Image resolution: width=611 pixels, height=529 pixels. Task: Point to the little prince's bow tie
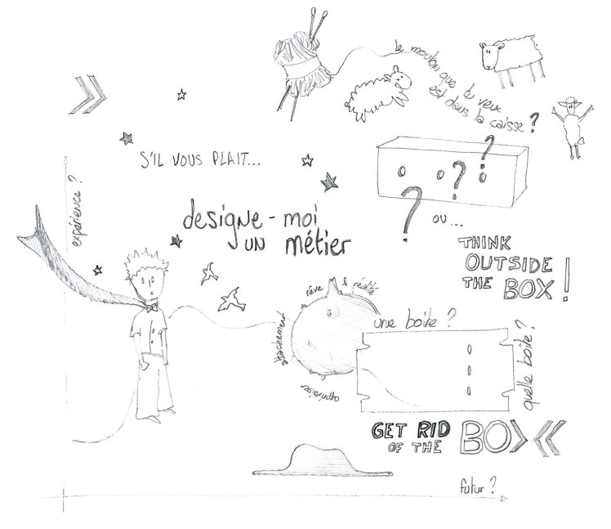[x=149, y=309]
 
